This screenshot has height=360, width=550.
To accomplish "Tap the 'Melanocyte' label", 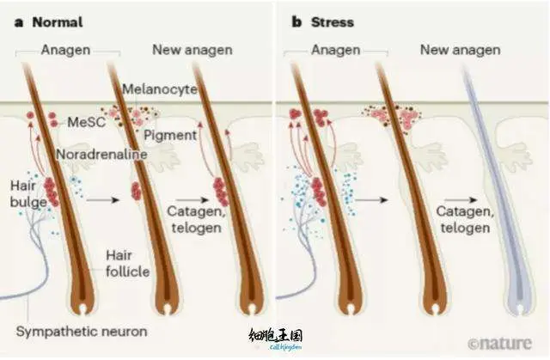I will pyautogui.click(x=159, y=88).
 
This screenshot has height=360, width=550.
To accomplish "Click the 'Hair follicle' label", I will pyautogui.click(x=127, y=263).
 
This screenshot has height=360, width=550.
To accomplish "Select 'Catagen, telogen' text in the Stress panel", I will pyautogui.click(x=463, y=218).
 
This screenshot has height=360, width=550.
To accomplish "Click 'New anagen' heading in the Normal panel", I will pyautogui.click(x=192, y=50).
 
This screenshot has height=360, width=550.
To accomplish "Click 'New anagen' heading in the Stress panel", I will pyautogui.click(x=460, y=50).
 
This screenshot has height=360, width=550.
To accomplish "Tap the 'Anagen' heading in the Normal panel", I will pyautogui.click(x=66, y=50).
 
